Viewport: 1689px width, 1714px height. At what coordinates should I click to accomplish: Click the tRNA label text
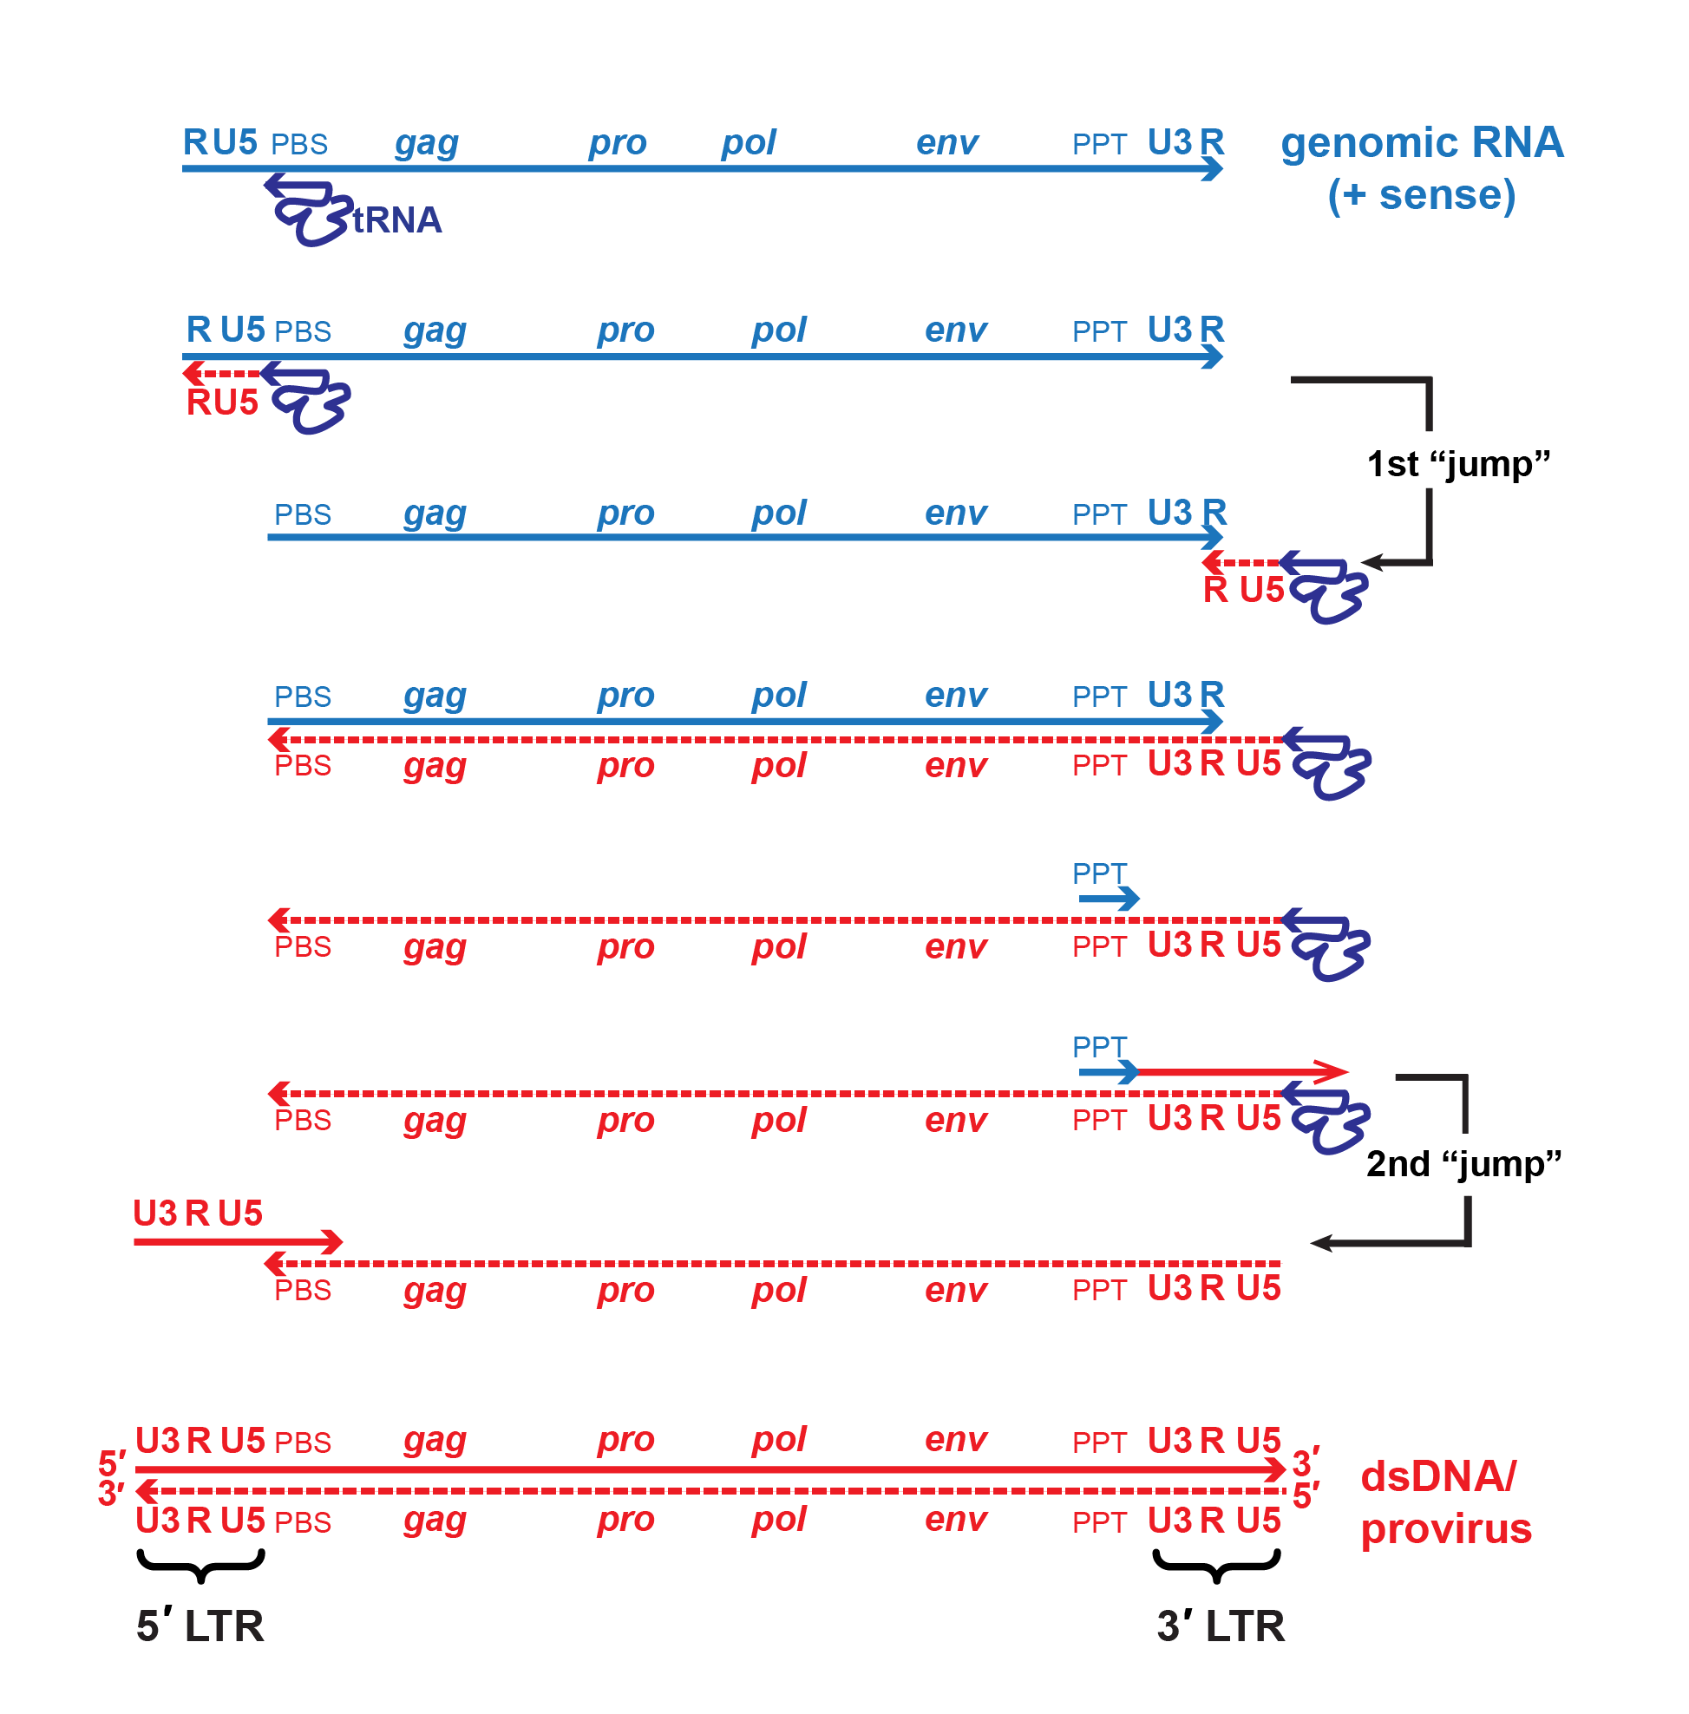(x=396, y=220)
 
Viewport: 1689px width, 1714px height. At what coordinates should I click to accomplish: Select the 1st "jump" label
(x=1457, y=464)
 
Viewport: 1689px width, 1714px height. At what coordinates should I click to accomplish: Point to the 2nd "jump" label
(x=1463, y=1164)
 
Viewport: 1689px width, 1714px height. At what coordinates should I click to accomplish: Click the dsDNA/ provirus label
(x=1446, y=1503)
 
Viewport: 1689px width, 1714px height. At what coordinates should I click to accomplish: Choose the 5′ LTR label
(x=200, y=1626)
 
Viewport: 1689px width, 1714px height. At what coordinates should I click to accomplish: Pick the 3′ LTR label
(x=1221, y=1626)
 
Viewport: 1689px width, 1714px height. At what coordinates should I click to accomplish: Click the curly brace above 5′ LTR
(x=201, y=1565)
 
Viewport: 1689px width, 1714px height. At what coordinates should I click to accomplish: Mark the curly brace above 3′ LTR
(x=1216, y=1565)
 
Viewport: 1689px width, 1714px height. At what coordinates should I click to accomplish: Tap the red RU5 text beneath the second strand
(x=222, y=402)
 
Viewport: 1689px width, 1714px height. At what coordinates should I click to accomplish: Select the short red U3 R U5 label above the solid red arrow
(x=198, y=1213)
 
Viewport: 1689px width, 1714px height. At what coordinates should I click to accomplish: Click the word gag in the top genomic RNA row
(x=427, y=143)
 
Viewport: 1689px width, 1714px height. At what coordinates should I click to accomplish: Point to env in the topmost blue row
(x=946, y=143)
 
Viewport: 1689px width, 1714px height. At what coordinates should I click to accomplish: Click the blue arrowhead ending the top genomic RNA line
(x=1214, y=168)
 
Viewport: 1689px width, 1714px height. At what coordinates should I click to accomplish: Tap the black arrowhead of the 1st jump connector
(x=1371, y=562)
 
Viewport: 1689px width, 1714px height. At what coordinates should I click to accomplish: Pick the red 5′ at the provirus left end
(x=113, y=1463)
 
